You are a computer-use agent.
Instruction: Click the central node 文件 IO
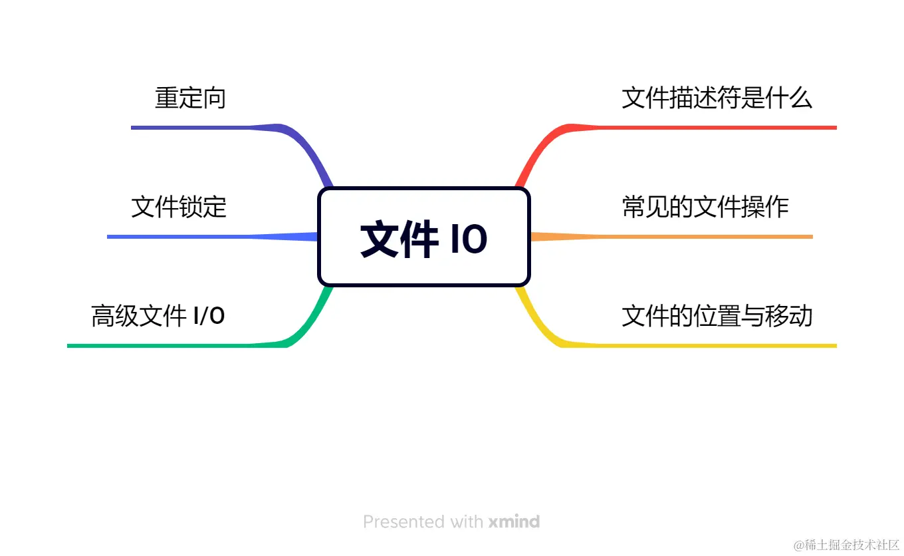point(424,237)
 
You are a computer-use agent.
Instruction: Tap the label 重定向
point(191,98)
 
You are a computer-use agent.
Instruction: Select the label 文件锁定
point(179,207)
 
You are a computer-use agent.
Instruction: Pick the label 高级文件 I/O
point(158,315)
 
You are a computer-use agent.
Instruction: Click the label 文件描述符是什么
point(717,98)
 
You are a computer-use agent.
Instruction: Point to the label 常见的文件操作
point(705,207)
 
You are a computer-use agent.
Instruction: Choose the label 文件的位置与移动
point(717,315)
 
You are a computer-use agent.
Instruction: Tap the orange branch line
point(698,236)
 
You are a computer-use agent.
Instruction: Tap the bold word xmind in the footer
point(514,521)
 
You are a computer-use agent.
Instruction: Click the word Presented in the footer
point(405,521)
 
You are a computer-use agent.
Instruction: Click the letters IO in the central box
point(469,239)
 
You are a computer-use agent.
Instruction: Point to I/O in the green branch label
point(209,315)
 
